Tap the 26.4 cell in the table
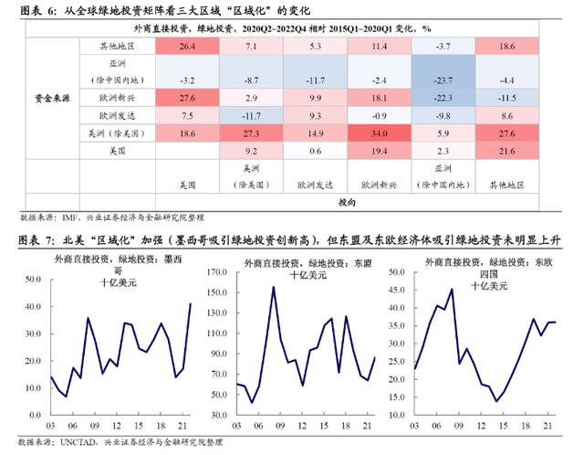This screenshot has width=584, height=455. click(187, 45)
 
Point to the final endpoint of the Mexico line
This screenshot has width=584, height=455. click(190, 303)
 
